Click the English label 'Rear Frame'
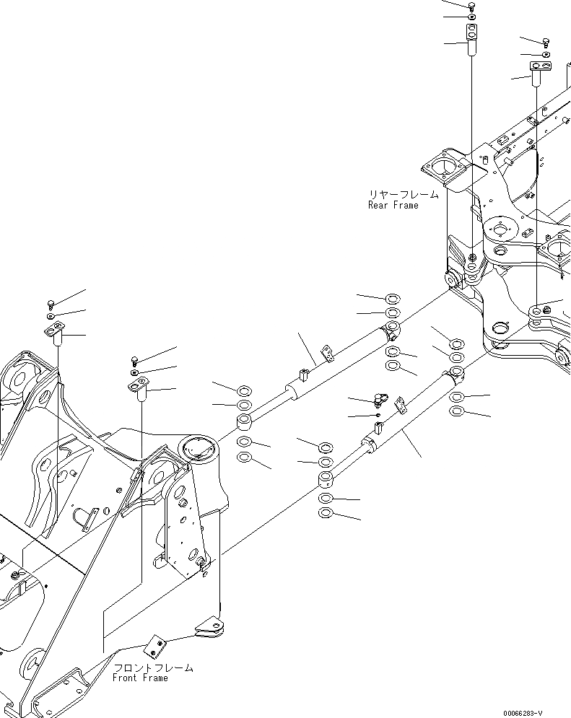pos(393,205)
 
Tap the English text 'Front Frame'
pos(140,678)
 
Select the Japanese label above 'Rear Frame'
pos(403,195)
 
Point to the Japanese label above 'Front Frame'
pos(154,667)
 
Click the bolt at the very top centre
pos(471,6)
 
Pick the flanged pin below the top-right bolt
pos(539,71)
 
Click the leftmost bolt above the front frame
pos(51,303)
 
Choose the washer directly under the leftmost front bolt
pos(51,316)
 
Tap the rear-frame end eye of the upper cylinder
pos(393,333)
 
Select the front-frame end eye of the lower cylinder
pos(326,479)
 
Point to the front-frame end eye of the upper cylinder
pos(245,422)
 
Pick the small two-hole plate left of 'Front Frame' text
pos(154,642)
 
